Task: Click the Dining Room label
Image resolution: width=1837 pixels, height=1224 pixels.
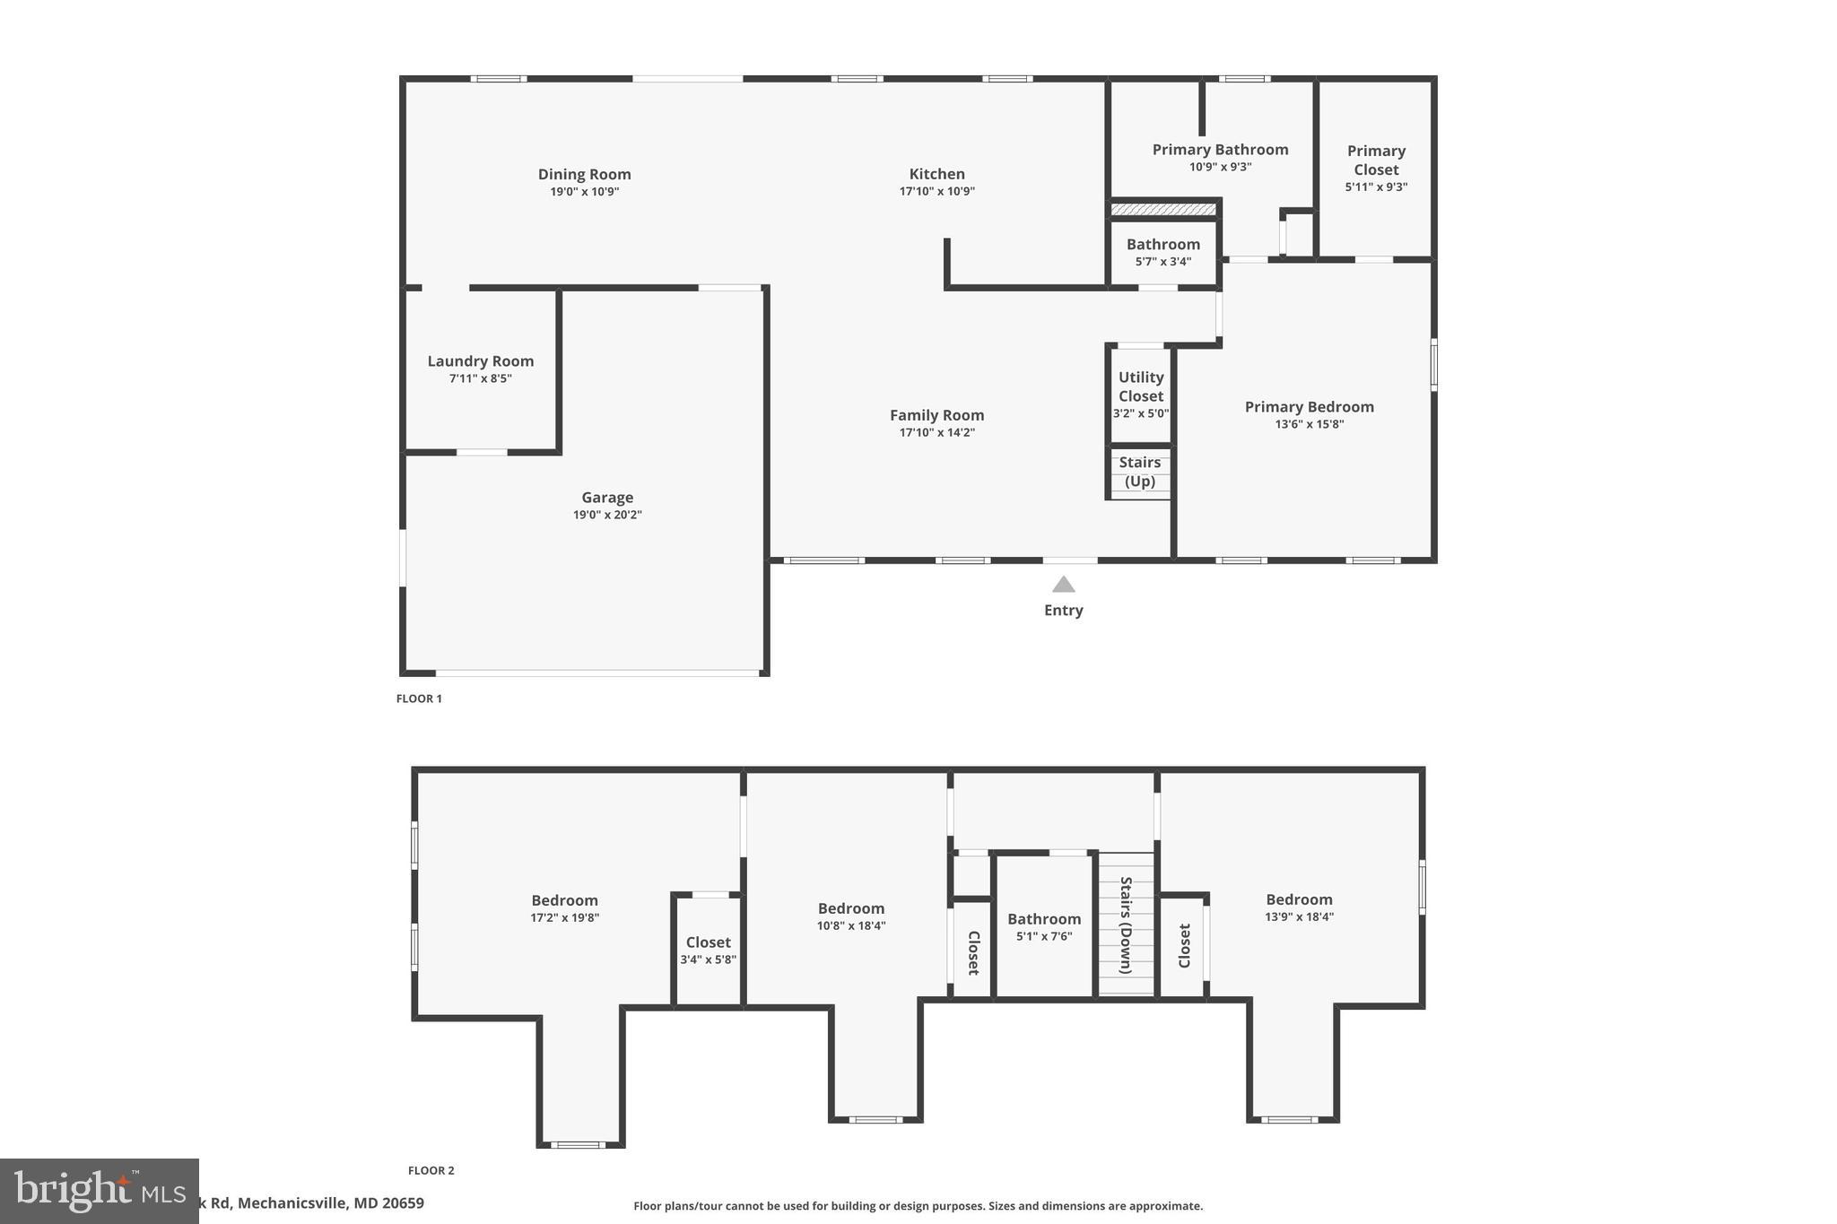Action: [x=584, y=174]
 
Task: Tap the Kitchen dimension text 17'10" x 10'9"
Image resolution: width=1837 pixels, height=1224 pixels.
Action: [x=936, y=191]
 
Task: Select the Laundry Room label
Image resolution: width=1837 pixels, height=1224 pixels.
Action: [x=480, y=360]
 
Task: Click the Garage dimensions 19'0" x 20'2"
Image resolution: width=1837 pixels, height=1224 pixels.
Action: [x=607, y=515]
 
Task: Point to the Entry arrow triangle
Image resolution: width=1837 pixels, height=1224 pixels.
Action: [x=1063, y=585]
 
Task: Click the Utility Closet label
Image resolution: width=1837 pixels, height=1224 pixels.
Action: [x=1140, y=386]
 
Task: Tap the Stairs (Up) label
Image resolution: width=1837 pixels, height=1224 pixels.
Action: [x=1139, y=472]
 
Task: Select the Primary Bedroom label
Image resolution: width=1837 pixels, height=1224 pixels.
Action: [x=1309, y=406]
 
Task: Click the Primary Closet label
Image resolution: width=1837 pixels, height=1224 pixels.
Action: [x=1375, y=160]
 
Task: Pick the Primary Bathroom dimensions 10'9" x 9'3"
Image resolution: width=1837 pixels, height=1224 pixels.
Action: [x=1220, y=167]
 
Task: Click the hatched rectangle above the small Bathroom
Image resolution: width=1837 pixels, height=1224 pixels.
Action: [x=1162, y=210]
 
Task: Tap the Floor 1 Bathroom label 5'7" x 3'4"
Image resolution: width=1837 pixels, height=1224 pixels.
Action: [x=1162, y=244]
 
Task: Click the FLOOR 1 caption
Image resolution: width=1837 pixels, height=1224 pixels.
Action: [x=419, y=699]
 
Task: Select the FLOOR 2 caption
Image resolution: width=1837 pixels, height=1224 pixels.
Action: [x=431, y=1170]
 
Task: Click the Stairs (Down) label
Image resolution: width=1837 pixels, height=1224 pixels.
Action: [x=1126, y=925]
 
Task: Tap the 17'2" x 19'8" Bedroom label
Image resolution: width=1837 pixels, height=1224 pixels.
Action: [x=564, y=900]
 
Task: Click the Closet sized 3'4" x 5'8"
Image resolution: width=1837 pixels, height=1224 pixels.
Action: [x=708, y=942]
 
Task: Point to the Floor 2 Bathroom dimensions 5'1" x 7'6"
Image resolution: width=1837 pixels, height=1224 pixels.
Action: [x=1043, y=936]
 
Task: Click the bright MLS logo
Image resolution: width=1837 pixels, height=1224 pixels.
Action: [x=99, y=1191]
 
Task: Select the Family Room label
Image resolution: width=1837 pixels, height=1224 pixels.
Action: [x=936, y=415]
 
